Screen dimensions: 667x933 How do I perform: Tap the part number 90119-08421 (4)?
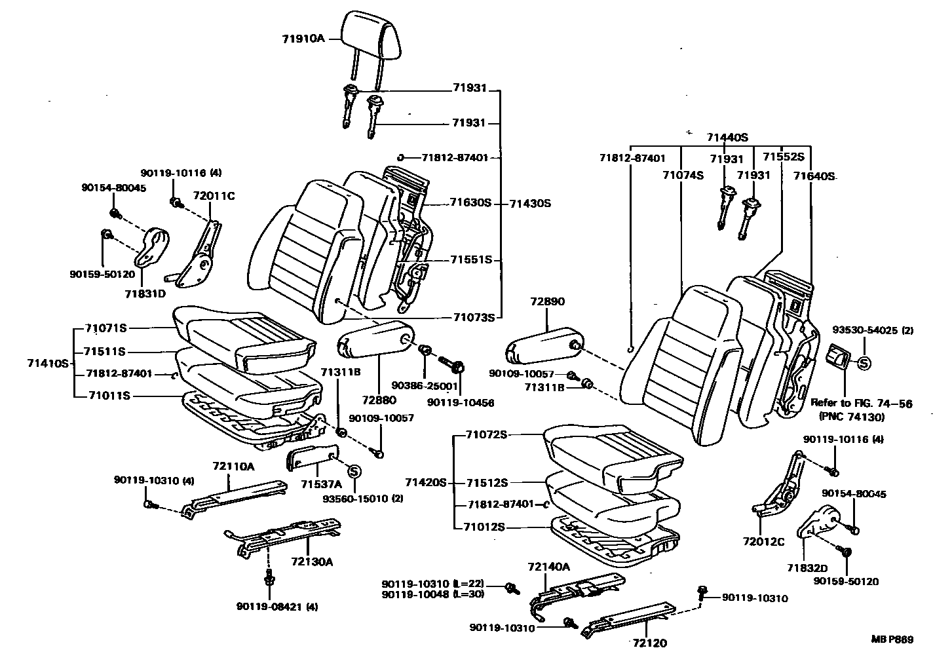[x=277, y=607]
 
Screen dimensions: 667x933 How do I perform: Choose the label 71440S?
[x=727, y=138]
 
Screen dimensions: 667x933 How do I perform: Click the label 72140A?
[x=549, y=567]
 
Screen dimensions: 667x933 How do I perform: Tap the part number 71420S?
[x=425, y=483]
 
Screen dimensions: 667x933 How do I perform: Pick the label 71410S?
[x=48, y=362]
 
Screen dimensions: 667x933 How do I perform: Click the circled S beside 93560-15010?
[x=354, y=470]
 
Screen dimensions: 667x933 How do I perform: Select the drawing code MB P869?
[x=892, y=639]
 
